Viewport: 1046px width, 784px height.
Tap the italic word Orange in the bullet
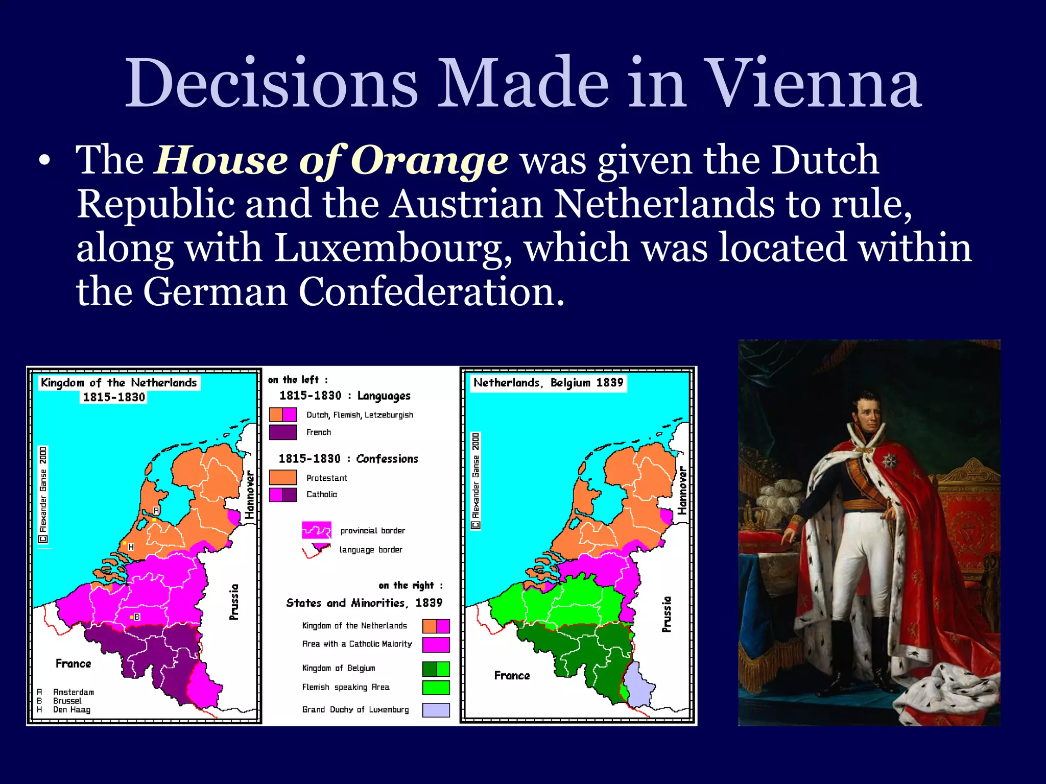pyautogui.click(x=430, y=161)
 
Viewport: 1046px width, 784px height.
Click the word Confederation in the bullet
pyautogui.click(x=431, y=292)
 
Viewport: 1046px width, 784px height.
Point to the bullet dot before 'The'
pyautogui.click(x=45, y=161)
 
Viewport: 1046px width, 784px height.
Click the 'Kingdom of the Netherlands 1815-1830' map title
pyautogui.click(x=118, y=389)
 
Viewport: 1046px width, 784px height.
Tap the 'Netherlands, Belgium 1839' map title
pyautogui.click(x=548, y=383)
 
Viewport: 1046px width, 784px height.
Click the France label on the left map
pyautogui.click(x=74, y=664)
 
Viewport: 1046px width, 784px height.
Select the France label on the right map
pyautogui.click(x=512, y=676)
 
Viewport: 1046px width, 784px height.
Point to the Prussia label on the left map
pyautogui.click(x=234, y=602)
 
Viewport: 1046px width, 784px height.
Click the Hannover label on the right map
pyautogui.click(x=682, y=491)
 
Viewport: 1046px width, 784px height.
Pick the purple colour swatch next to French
pyautogui.click(x=283, y=432)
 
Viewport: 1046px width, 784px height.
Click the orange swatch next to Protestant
pyautogui.click(x=283, y=478)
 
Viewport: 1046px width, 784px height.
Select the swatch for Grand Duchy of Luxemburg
pyautogui.click(x=436, y=710)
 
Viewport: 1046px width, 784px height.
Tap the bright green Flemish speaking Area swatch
pyautogui.click(x=436, y=688)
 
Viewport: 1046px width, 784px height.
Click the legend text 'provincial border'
pyautogui.click(x=372, y=531)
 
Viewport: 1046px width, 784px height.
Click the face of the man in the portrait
pyautogui.click(x=868, y=413)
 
